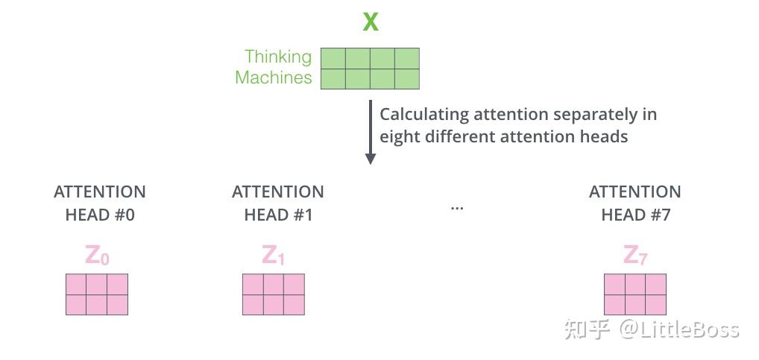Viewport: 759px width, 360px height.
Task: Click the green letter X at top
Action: [x=371, y=22]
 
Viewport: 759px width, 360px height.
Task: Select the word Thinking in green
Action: [x=278, y=57]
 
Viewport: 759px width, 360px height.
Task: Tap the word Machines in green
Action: [x=273, y=78]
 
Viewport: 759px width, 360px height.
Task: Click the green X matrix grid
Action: [x=370, y=69]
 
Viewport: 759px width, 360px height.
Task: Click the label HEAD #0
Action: [x=100, y=215]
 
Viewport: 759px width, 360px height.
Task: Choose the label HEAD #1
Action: [x=278, y=215]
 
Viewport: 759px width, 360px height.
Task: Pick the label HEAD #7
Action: [x=636, y=215]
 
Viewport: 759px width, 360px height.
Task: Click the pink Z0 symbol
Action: [x=97, y=256]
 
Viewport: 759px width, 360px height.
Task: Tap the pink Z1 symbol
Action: [x=273, y=256]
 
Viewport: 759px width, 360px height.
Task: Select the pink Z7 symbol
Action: [x=634, y=256]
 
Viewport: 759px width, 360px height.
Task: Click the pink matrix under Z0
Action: [x=97, y=294]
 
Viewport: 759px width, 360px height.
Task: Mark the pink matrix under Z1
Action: [x=274, y=294]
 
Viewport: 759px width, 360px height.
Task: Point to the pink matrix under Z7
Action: [x=634, y=294]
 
